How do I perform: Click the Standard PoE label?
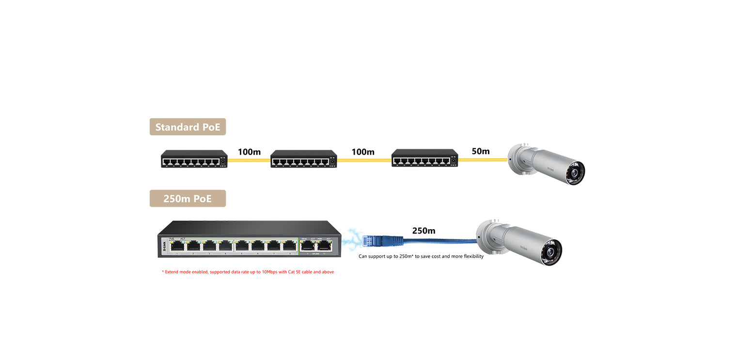pyautogui.click(x=188, y=127)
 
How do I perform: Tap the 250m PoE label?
pyautogui.click(x=188, y=199)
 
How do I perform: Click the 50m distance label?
pyautogui.click(x=481, y=151)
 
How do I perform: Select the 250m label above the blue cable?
pyautogui.click(x=423, y=231)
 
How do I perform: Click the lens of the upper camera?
pyautogui.click(x=577, y=172)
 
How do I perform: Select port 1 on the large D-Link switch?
pyautogui.click(x=178, y=246)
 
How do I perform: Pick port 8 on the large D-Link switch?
pyautogui.click(x=290, y=246)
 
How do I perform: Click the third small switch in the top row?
pyautogui.click(x=425, y=158)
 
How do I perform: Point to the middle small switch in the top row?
pyautogui.click(x=304, y=158)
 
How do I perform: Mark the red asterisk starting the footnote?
pyautogui.click(x=163, y=272)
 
